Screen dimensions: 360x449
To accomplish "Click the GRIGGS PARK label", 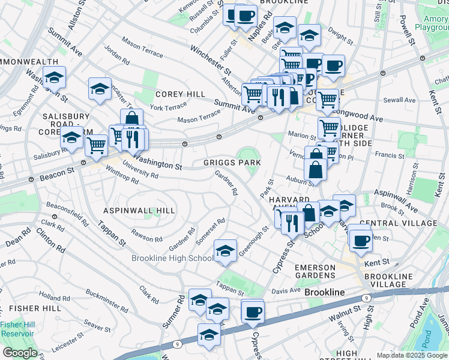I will [x=232, y=162].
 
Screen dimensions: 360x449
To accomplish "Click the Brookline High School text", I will [x=172, y=259].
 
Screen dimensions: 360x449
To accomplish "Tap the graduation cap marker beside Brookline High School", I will [x=225, y=250].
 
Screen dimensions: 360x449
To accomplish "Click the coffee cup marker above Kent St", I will [x=360, y=241].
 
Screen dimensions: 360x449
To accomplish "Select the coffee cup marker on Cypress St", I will [x=253, y=311].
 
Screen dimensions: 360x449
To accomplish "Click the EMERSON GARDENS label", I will [x=315, y=275].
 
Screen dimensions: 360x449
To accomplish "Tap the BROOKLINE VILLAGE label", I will [x=388, y=280].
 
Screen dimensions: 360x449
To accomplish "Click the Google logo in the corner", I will [x=20, y=353].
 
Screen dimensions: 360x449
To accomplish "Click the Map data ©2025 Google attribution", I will [x=412, y=355].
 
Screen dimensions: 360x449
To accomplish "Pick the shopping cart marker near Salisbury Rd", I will [x=96, y=145].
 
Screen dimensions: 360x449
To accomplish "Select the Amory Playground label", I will [x=431, y=23].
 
